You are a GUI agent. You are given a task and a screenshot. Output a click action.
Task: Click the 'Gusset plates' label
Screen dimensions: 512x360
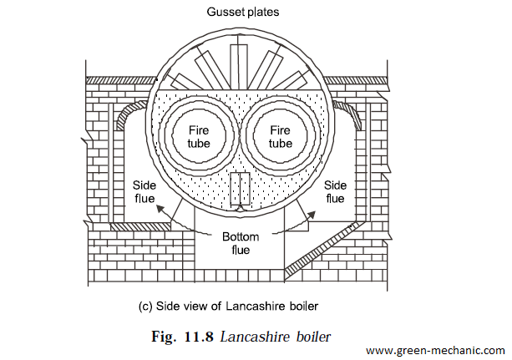243,12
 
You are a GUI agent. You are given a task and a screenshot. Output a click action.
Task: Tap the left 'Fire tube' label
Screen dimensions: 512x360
199,137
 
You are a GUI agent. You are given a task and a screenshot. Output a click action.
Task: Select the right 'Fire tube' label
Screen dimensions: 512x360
280,137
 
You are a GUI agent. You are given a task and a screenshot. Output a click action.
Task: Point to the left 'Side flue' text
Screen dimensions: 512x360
144,192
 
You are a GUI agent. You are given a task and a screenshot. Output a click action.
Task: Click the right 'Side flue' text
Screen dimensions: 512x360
335,192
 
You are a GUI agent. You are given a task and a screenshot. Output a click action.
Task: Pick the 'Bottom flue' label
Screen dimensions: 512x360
241,243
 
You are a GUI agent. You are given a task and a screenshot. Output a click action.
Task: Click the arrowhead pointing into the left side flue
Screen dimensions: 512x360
160,209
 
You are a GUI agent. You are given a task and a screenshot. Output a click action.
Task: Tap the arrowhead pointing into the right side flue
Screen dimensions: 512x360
312,215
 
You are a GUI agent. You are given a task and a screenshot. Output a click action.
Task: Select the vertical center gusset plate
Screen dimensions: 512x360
239,66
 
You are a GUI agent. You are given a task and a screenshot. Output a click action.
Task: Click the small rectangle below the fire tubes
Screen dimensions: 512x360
241,189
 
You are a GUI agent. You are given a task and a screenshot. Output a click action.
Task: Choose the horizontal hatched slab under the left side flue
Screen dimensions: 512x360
139,226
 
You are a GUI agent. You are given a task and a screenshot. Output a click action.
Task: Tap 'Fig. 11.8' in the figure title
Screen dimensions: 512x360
183,337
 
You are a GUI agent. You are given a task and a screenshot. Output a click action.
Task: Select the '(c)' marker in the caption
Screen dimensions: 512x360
145,307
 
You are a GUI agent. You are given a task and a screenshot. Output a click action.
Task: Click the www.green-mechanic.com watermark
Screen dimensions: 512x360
436,351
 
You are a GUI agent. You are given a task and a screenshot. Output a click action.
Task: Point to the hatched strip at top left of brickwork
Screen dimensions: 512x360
120,80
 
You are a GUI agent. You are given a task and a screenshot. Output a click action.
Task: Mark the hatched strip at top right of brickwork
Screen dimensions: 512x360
355,80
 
